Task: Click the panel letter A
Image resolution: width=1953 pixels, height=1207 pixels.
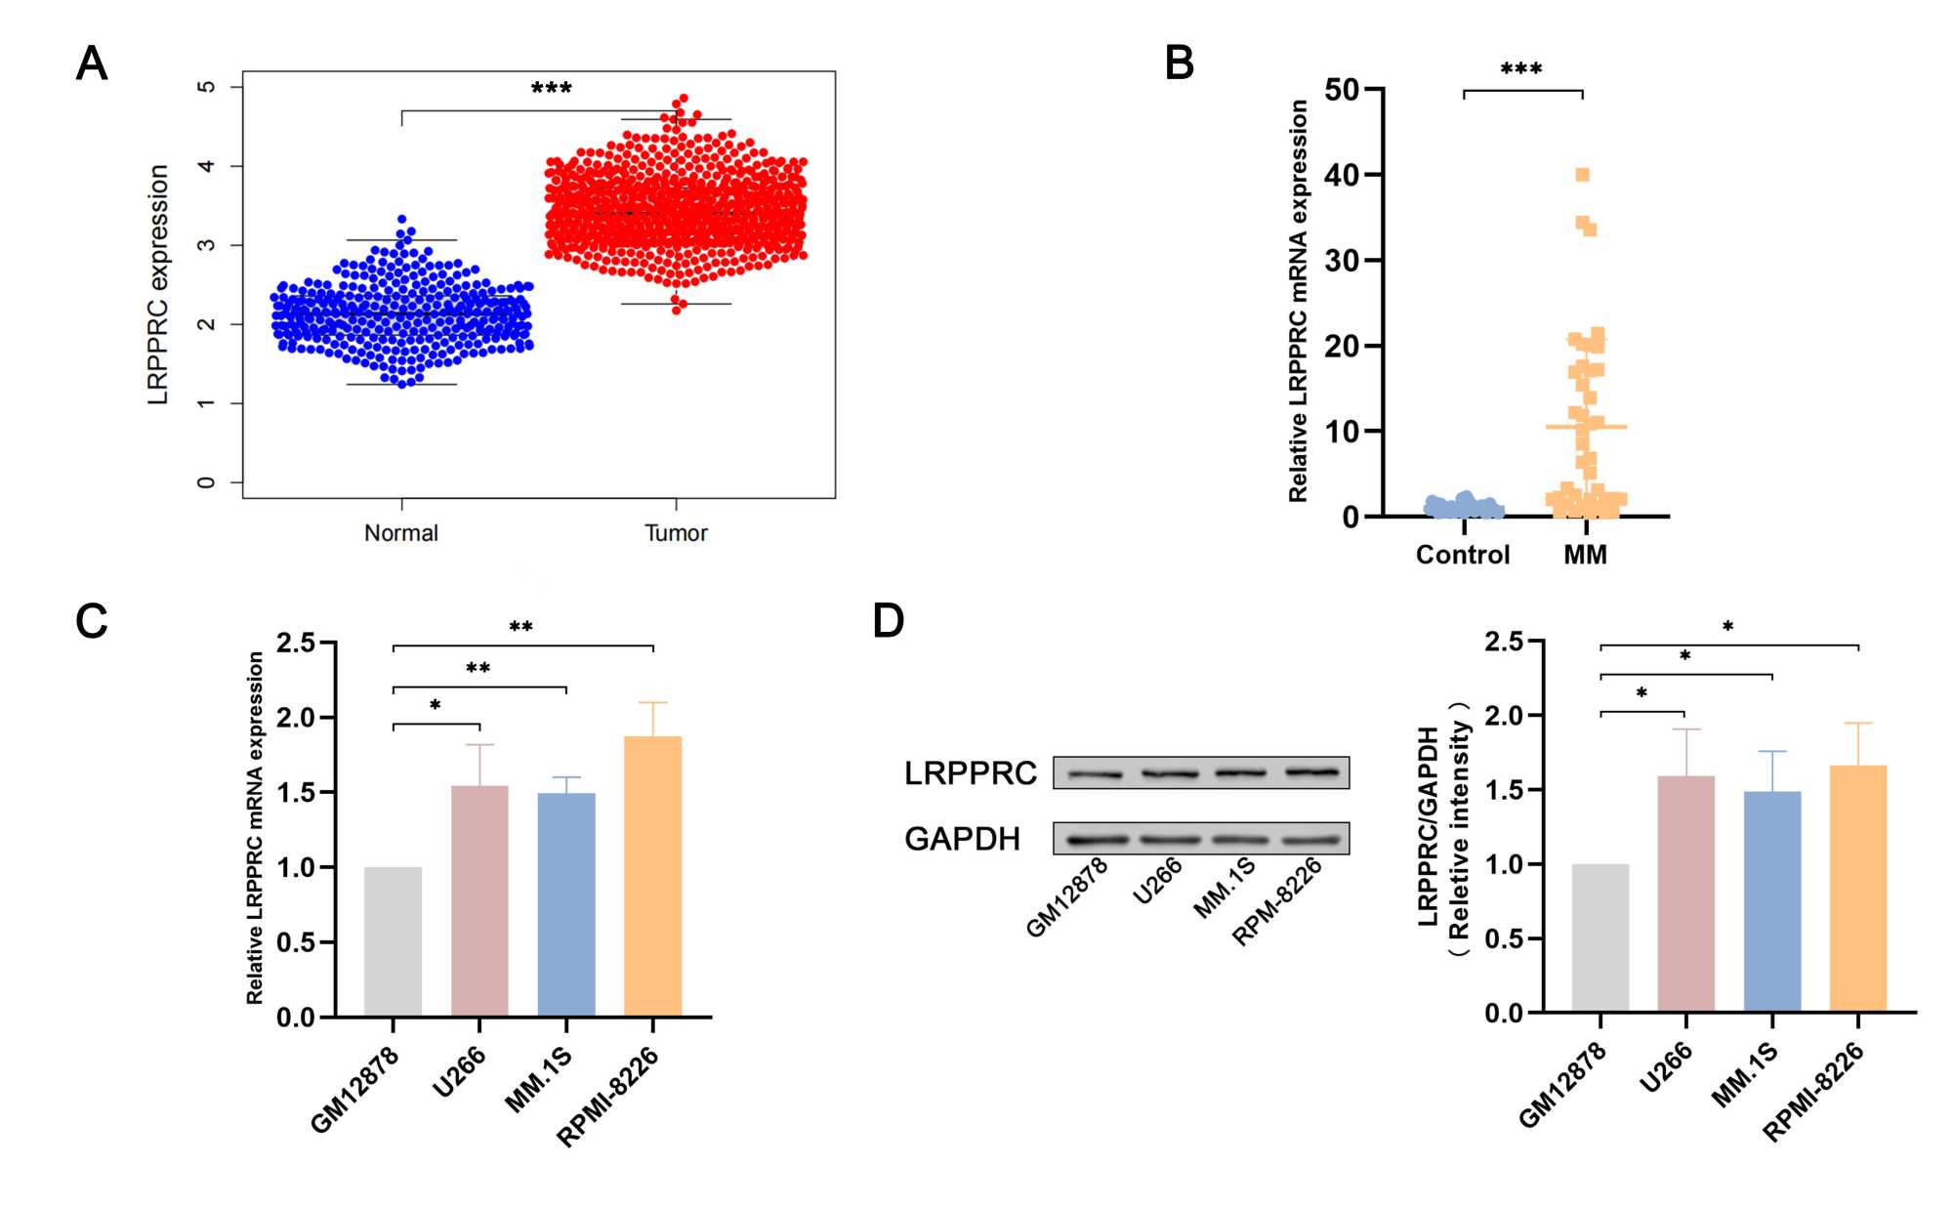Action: pyautogui.click(x=92, y=64)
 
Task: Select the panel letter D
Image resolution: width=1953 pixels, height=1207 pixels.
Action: pyautogui.click(x=888, y=621)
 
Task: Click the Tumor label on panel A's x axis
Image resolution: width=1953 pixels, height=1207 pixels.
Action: pyautogui.click(x=676, y=533)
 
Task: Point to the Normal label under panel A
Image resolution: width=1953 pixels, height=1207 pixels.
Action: pyautogui.click(x=400, y=533)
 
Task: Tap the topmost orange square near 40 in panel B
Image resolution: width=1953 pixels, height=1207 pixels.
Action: pyautogui.click(x=1582, y=175)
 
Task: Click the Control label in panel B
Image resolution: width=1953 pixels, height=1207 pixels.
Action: pyautogui.click(x=1462, y=555)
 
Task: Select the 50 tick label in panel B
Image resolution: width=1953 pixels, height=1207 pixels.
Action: pyautogui.click(x=1342, y=90)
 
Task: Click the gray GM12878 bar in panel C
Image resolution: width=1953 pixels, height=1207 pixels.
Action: pyautogui.click(x=393, y=941)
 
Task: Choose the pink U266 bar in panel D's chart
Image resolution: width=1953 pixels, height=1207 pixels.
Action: pyautogui.click(x=1685, y=894)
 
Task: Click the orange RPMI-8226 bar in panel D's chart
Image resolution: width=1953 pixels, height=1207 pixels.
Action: pyautogui.click(x=1857, y=889)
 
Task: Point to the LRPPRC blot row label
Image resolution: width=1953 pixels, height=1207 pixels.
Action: pyautogui.click(x=970, y=773)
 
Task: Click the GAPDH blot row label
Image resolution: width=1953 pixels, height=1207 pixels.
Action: pyautogui.click(x=962, y=839)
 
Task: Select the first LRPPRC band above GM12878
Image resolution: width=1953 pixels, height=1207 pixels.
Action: pyautogui.click(x=1095, y=775)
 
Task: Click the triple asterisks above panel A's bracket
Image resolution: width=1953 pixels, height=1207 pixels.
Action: pyautogui.click(x=551, y=89)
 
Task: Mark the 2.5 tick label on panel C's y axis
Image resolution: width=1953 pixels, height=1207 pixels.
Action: pyautogui.click(x=296, y=643)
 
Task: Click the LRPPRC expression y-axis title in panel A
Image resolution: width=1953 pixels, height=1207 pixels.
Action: pyautogui.click(x=158, y=284)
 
